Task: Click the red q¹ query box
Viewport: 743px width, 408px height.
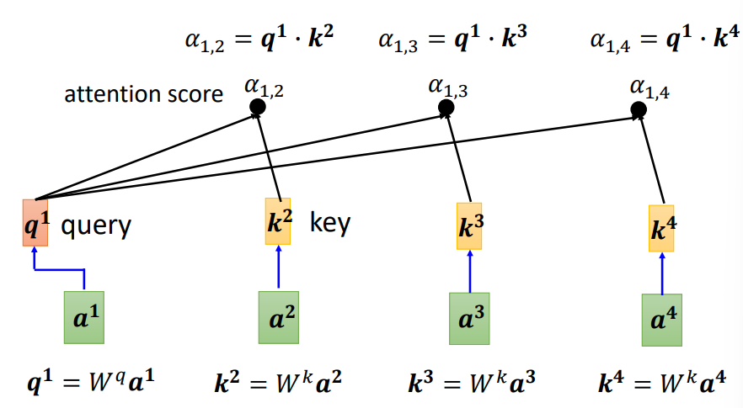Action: (35, 222)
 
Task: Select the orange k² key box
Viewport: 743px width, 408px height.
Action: (277, 221)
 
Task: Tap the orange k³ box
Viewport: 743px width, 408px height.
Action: (469, 225)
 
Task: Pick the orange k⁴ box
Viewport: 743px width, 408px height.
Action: (661, 228)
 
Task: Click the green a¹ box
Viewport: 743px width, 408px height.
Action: (84, 316)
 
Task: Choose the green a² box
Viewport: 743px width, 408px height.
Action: (277, 318)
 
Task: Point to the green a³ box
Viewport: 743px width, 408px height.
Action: (469, 318)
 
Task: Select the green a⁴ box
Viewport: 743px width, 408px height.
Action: (662, 320)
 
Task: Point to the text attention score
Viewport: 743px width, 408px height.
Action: (144, 93)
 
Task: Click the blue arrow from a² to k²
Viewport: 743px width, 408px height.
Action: (277, 268)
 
